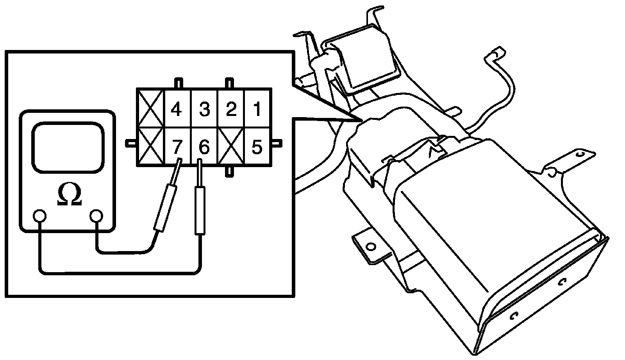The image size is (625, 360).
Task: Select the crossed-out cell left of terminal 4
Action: (150, 109)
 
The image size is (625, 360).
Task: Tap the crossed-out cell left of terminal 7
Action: (150, 147)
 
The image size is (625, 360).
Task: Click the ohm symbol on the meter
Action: (69, 195)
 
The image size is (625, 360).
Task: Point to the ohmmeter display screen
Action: (69, 148)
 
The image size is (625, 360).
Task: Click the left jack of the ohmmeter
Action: (39, 216)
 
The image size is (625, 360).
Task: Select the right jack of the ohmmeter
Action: (96, 216)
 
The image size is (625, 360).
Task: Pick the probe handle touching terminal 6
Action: (200, 210)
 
